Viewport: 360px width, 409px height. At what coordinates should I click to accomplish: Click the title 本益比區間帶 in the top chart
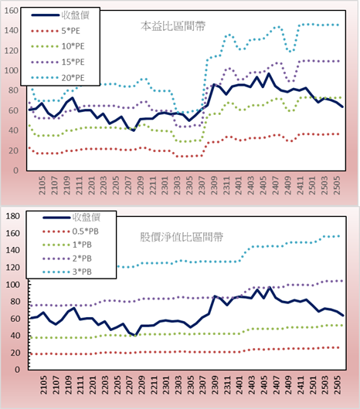point(173,26)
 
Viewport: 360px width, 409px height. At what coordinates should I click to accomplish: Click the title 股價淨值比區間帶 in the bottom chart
point(182,237)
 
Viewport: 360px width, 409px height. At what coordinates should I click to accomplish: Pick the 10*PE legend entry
point(58,46)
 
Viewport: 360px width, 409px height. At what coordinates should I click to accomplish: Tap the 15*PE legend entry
point(58,62)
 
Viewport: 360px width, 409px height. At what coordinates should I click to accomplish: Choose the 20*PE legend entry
point(58,78)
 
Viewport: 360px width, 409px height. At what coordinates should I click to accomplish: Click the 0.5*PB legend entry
point(70,232)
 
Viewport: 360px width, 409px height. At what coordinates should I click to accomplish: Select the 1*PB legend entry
point(67,245)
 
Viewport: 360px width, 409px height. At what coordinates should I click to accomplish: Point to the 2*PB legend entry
point(67,259)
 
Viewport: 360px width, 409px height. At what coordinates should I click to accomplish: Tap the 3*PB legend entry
point(67,272)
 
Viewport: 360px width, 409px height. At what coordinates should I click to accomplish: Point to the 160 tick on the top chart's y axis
point(12,11)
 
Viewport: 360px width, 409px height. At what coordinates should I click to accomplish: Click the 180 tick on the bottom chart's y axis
point(12,216)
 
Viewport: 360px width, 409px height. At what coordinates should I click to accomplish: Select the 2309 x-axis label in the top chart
point(214,185)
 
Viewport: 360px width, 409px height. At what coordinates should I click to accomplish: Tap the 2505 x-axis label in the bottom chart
point(338,385)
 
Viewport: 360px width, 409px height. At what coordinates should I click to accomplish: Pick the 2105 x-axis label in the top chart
point(42,185)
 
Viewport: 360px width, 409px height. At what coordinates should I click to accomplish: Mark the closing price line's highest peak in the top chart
point(268,74)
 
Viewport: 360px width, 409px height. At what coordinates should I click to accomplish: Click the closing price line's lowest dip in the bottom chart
point(135,336)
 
